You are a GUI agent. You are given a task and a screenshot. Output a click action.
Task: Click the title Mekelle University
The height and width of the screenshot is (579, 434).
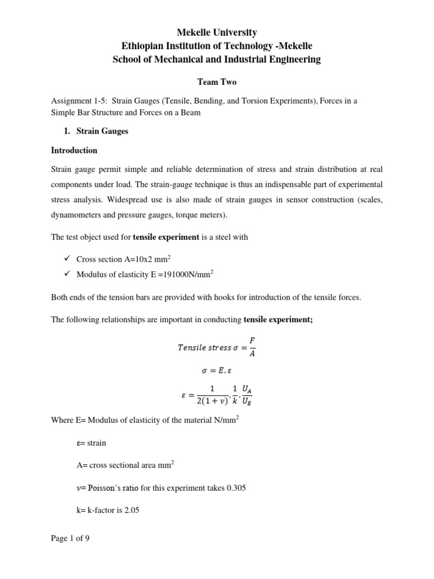pos(216,32)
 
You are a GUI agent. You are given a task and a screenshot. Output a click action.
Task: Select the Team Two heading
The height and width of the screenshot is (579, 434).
pos(216,81)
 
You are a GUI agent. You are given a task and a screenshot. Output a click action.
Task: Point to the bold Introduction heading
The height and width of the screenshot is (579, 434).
pos(74,150)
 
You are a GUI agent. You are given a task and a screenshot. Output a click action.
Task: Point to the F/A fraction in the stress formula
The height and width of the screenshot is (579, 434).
pos(252,347)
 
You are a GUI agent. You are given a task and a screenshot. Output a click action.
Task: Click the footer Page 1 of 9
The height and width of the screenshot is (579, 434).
pos(70,538)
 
